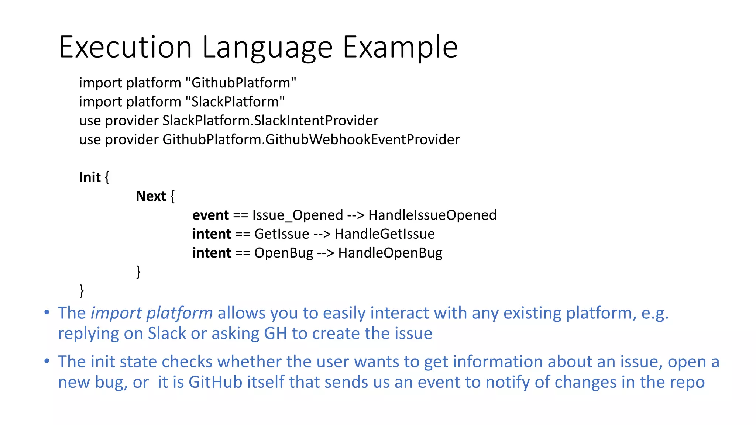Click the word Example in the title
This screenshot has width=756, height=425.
coord(400,47)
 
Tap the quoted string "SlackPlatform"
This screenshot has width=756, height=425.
coord(235,101)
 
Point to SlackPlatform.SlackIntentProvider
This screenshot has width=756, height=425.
coord(270,121)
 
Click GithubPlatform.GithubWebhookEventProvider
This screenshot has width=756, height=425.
coord(311,139)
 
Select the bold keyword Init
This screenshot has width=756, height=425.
coord(90,177)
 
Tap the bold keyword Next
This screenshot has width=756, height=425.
coord(151,196)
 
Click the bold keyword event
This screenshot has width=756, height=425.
coord(210,215)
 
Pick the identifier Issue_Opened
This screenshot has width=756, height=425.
coord(298,215)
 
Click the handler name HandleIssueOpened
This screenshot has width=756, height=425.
coord(432,215)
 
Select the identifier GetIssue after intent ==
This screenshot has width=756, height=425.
coord(282,234)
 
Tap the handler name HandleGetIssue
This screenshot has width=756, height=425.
coord(385,234)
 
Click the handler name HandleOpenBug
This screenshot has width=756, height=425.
coord(390,253)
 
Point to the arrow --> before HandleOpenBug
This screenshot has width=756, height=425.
coord(326,253)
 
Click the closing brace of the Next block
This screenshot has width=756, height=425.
coord(138,272)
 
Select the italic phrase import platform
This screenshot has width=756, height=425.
coord(152,313)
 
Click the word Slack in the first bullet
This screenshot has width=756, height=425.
coord(167,334)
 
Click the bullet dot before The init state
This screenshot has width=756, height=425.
coord(47,361)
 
